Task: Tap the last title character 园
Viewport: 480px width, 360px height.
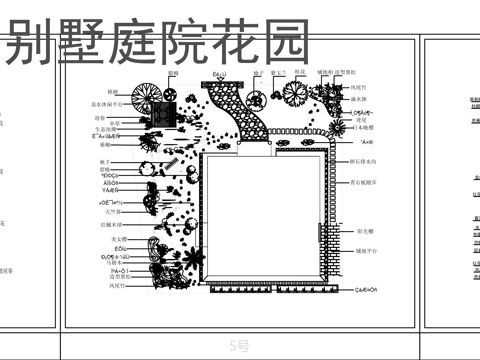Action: tap(284, 44)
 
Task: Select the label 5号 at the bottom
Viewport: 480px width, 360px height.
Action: tap(241, 346)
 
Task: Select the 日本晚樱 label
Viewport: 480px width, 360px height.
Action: tap(366, 129)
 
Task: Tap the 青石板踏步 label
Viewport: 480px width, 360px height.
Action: tap(367, 184)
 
